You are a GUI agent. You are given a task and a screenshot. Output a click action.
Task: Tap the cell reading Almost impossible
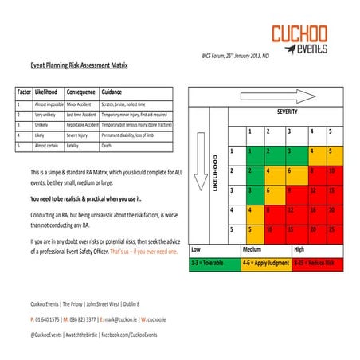pos(48,104)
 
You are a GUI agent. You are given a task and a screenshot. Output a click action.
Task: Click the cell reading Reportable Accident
pos(81,125)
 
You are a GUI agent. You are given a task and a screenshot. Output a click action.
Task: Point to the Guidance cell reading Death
pos(108,146)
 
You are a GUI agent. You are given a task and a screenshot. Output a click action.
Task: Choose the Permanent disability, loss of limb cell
pos(132,135)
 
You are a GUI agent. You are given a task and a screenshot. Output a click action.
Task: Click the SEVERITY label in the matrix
pos(287,112)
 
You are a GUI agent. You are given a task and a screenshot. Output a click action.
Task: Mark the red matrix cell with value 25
pos(332,229)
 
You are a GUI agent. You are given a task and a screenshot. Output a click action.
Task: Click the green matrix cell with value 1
pos(249,151)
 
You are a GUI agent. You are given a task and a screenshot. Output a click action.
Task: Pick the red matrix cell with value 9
pos(291,190)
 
